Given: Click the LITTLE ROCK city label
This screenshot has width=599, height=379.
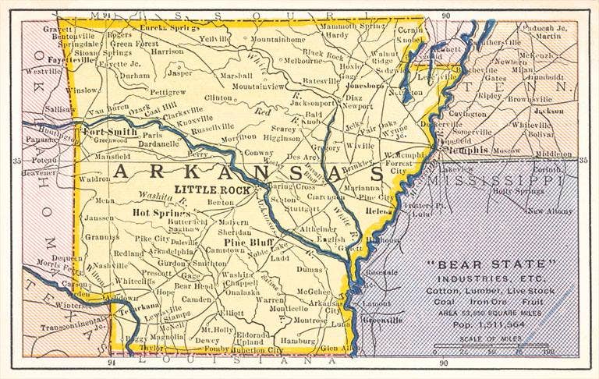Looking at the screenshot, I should (x=212, y=189).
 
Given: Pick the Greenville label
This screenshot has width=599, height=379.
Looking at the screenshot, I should (x=384, y=319).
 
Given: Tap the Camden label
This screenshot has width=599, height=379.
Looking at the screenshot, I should (x=197, y=299).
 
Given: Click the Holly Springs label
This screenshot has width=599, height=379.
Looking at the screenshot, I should (x=516, y=191).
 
